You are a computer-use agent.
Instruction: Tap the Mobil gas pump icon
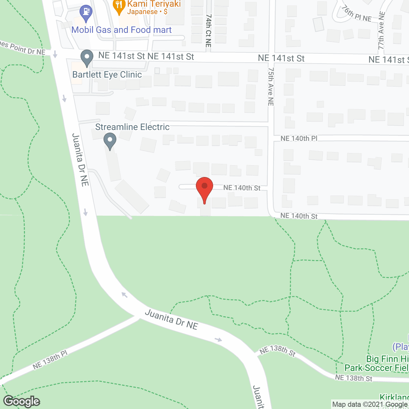tap(86, 12)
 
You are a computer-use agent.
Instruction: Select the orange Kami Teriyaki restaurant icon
tap(119, 6)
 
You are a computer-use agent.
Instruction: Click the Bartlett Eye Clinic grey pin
tap(87, 58)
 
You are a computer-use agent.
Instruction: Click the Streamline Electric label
tap(132, 127)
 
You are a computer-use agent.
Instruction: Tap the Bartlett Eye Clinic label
tap(107, 74)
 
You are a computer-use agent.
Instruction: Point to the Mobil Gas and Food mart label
tap(121, 30)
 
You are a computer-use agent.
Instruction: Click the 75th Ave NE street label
tap(271, 87)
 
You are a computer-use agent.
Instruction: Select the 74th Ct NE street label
tap(208, 31)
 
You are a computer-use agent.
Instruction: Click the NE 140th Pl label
tap(299, 138)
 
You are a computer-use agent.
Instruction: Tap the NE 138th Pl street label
tap(50, 359)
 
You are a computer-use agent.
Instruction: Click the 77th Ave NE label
tap(381, 31)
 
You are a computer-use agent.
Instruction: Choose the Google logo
tap(22, 401)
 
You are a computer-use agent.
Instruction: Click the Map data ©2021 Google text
tap(370, 405)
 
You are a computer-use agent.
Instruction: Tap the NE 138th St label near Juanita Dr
tap(278, 351)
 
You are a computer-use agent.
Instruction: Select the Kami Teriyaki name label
tap(154, 4)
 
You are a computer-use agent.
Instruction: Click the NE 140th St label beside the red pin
tap(242, 188)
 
